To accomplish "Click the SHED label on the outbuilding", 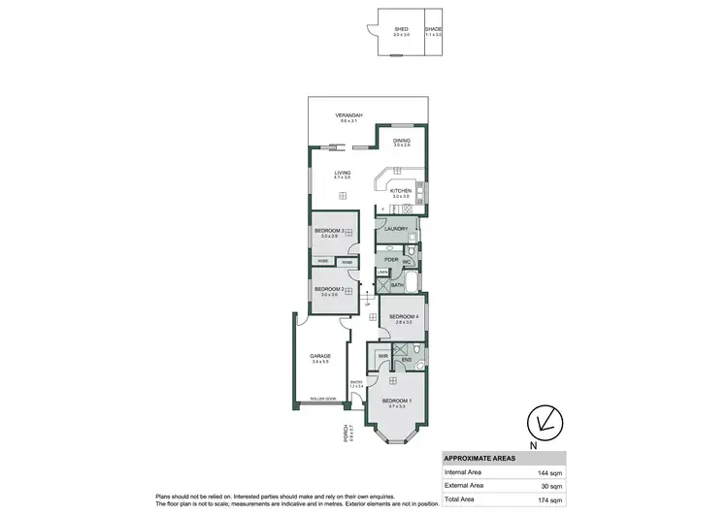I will (401, 29).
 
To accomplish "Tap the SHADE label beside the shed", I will (433, 29).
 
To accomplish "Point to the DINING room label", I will (402, 141).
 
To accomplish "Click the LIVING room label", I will (342, 174).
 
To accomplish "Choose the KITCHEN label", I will (401, 191).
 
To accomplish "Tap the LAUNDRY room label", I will (395, 229).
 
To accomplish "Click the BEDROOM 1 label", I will (396, 401).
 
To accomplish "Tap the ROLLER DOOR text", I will (322, 399).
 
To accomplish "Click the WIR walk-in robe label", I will (383, 358).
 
